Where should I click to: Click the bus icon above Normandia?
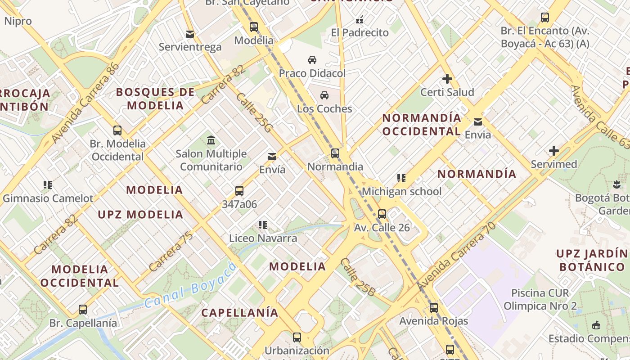(335, 153)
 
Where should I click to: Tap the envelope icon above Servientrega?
(190, 34)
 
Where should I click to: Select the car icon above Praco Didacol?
(312, 60)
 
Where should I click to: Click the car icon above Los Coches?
(324, 95)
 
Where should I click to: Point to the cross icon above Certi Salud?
(447, 79)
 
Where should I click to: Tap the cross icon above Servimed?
(553, 151)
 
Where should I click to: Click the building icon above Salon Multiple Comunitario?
(211, 140)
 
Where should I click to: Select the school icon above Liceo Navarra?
(263, 225)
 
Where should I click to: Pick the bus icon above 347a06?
(239, 191)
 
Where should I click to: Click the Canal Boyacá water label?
(191, 285)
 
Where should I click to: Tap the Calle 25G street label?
(254, 113)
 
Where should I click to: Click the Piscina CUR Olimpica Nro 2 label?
(540, 300)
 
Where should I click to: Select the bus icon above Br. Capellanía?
(83, 310)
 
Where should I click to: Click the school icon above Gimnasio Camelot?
(48, 185)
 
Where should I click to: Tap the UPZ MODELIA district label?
(140, 215)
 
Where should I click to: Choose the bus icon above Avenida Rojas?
(433, 308)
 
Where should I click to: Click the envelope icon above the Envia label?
(478, 121)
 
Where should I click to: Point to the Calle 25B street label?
(358, 277)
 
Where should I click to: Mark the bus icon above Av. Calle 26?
(382, 214)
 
